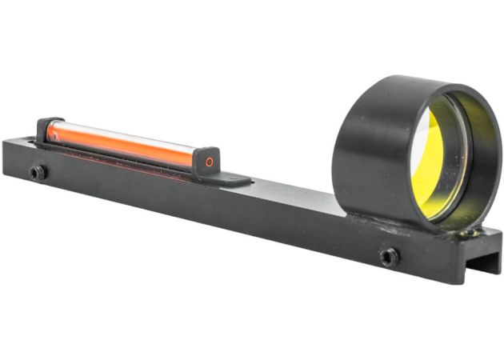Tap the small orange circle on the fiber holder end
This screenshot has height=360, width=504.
pyautogui.click(x=210, y=162)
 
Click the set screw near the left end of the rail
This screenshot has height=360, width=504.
pyautogui.click(x=36, y=172)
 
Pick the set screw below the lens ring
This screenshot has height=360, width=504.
pyautogui.click(x=389, y=257)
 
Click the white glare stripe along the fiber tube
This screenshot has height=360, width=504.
pyautogui.click(x=120, y=135)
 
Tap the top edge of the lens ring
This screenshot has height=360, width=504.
pyautogui.click(x=408, y=80)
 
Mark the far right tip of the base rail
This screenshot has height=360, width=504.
pyautogui.click(x=498, y=240)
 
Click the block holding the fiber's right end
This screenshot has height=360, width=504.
pyautogui.click(x=207, y=160)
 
